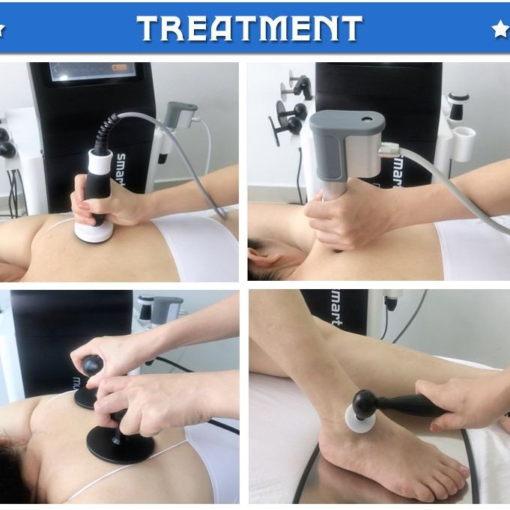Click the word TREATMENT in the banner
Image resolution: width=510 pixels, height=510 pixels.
click(249, 28)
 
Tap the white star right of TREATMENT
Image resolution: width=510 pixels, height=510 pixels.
click(500, 29)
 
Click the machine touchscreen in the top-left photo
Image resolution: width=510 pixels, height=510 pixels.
click(93, 71)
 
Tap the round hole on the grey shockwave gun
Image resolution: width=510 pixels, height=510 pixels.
click(367, 119)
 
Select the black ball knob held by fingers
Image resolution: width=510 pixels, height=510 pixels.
click(92, 365)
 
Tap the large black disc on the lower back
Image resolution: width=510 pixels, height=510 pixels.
click(120, 443)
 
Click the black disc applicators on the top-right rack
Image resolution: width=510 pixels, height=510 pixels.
click(289, 112)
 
